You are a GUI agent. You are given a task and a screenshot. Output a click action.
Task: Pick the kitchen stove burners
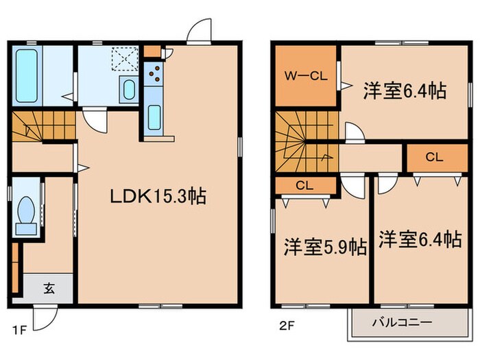point(155,72)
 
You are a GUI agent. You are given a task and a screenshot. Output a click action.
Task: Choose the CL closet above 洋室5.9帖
point(306,184)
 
